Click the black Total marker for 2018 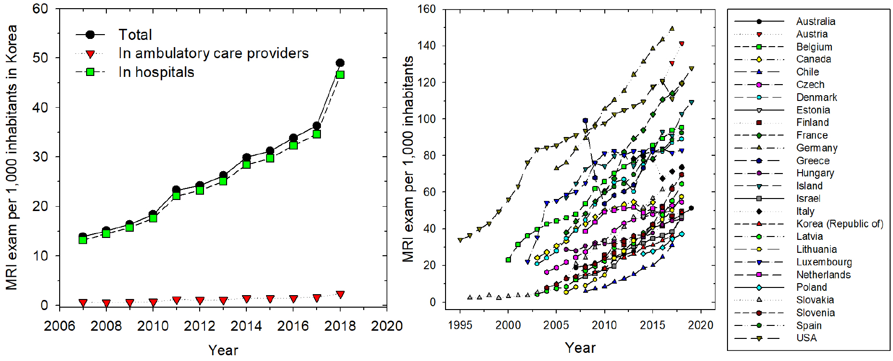click(340, 63)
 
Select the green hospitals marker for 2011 click(176, 196)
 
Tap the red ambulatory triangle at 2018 click(340, 295)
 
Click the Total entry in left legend click(135, 35)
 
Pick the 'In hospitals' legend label click(156, 72)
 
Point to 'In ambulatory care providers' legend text click(214, 53)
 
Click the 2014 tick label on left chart click(246, 326)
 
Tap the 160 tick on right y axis click(427, 9)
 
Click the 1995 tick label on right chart click(460, 325)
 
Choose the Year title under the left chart click(223, 350)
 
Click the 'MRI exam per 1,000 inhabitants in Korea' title click(12, 157)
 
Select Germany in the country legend click(816, 148)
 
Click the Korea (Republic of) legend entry click(840, 224)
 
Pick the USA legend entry click(806, 338)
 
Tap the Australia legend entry click(816, 22)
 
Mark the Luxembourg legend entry click(824, 262)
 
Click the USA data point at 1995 click(460, 240)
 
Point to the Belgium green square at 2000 click(508, 260)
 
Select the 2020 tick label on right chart click(701, 325)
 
